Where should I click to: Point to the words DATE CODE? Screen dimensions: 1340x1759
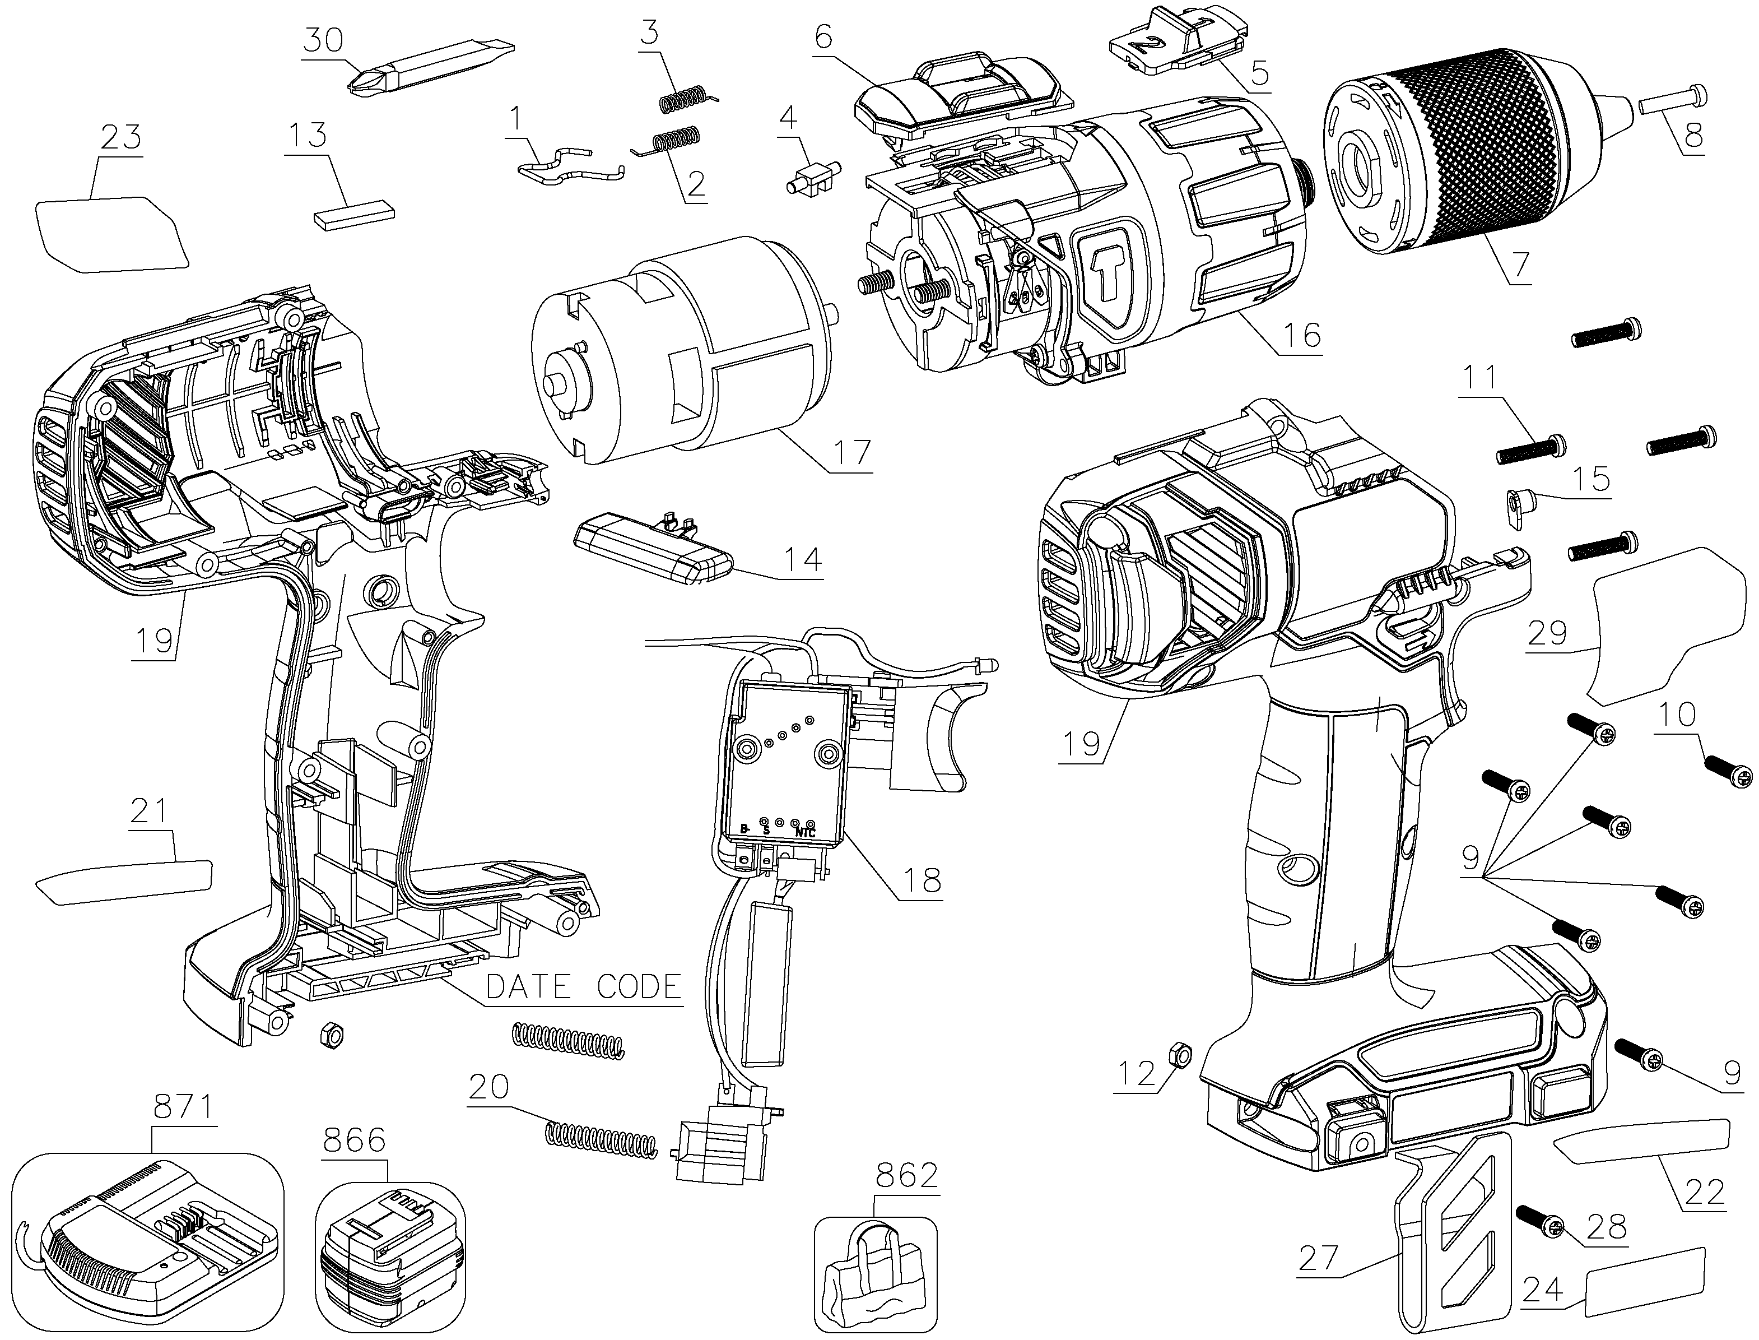[x=584, y=987]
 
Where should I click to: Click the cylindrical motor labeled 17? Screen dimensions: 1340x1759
[x=682, y=355]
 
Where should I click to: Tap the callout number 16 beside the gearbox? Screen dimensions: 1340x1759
[x=1301, y=335]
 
